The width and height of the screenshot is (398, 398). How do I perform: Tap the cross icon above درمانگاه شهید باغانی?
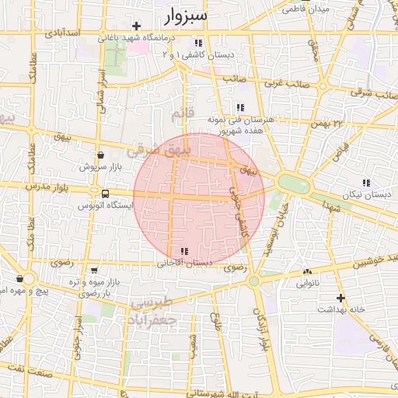136,26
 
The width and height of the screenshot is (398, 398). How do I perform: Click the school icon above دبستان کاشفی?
199,43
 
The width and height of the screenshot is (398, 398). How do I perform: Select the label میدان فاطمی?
300,10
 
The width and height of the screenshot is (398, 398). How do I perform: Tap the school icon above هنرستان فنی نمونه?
240,107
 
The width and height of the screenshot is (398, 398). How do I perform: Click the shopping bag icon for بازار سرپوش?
100,155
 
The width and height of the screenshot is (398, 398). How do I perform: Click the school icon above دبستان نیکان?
366,183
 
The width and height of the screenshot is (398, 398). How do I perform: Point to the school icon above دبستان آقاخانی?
184,251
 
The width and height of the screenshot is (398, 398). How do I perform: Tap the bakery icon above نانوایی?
308,272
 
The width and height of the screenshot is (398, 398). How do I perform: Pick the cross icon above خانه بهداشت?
340,298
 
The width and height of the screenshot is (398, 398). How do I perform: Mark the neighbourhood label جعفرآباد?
154,319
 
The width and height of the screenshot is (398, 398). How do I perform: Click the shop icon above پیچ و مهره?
19,278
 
